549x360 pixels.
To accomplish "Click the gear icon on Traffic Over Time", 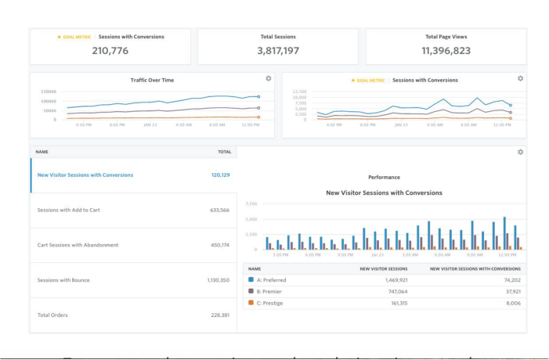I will [269, 79].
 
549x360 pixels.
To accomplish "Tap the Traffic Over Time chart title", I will [152, 80].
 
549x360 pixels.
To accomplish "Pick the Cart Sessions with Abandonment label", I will [78, 245].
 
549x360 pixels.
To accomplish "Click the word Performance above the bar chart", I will [384, 178].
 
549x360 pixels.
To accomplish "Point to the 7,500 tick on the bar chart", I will [251, 204].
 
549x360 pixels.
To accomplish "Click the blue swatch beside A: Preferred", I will [251, 279].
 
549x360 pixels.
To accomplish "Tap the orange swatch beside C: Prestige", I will [251, 302].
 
